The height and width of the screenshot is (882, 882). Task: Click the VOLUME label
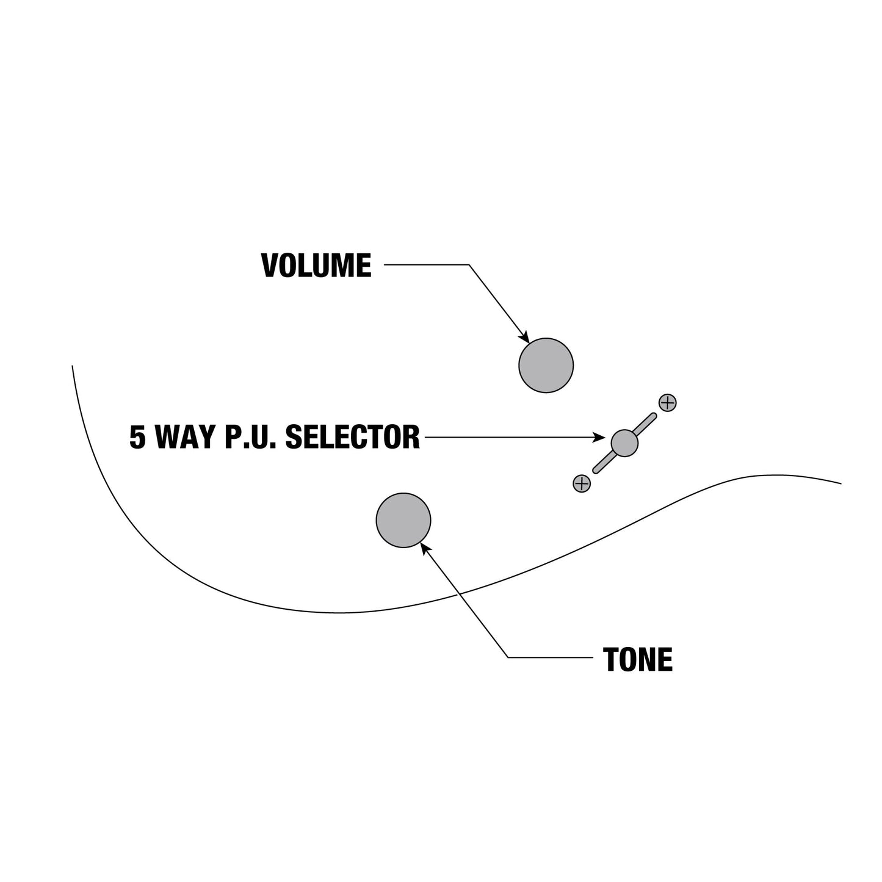click(x=316, y=266)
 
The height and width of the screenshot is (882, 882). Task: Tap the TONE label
click(x=638, y=660)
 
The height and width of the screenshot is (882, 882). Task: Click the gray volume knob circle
click(x=546, y=365)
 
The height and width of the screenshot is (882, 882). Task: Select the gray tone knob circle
click(x=403, y=520)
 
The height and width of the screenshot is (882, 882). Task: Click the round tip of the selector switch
click(x=624, y=443)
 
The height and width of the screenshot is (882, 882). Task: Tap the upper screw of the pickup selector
click(x=667, y=403)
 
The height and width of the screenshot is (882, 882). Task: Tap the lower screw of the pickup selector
click(x=582, y=483)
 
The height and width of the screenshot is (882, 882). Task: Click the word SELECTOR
click(x=352, y=437)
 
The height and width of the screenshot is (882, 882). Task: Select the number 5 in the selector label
click(x=138, y=437)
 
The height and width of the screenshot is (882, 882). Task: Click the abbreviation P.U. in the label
click(x=250, y=437)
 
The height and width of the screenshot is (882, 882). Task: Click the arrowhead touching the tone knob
click(x=425, y=548)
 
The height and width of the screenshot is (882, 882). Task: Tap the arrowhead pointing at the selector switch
click(x=599, y=437)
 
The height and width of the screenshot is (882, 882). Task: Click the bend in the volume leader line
click(x=469, y=264)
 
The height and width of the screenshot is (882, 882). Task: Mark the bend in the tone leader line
click(x=508, y=658)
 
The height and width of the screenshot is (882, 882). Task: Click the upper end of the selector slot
click(x=654, y=416)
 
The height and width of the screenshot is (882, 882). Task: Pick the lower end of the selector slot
click(x=596, y=471)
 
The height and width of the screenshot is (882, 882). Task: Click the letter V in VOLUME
click(x=270, y=266)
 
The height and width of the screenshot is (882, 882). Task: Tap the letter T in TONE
click(x=610, y=660)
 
